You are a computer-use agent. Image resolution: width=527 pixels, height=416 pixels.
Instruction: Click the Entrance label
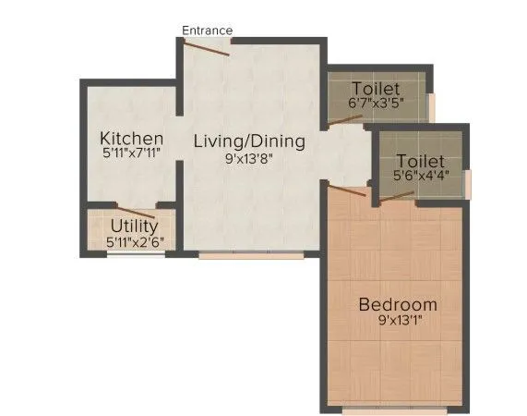(x=207, y=31)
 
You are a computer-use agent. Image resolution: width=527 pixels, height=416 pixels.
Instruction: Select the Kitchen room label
(x=132, y=139)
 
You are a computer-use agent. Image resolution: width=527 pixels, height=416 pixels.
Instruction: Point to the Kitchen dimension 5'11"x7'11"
(x=132, y=155)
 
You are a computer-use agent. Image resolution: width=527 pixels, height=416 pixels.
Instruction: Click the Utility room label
(x=134, y=226)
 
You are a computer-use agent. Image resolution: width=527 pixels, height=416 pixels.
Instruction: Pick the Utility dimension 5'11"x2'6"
(x=134, y=242)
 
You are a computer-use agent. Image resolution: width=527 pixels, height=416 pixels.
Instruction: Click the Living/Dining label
(x=248, y=141)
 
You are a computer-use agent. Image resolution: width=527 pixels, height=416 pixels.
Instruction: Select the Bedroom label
(x=398, y=305)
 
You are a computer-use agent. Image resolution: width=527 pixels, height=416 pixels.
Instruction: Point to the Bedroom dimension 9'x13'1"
(x=398, y=323)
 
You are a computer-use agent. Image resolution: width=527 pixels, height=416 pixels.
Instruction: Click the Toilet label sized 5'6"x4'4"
(x=420, y=161)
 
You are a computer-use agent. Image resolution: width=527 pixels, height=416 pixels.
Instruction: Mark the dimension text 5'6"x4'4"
(x=420, y=177)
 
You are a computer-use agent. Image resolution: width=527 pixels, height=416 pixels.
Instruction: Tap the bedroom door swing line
(x=348, y=192)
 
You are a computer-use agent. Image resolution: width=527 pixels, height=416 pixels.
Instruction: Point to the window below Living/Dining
(x=251, y=253)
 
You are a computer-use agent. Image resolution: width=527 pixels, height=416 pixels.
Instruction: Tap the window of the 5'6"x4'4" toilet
(x=469, y=183)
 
